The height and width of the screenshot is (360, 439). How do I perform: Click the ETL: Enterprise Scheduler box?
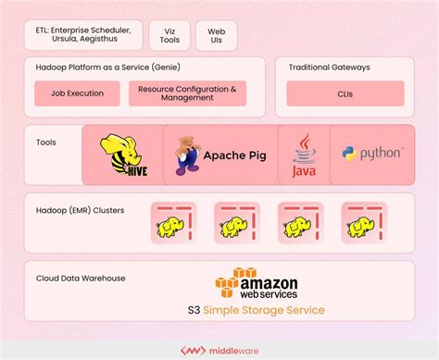point(83,35)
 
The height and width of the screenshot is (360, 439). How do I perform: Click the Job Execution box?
point(77,93)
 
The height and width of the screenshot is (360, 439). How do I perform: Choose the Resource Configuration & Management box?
point(188,93)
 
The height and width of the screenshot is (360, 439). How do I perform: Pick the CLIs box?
point(345,93)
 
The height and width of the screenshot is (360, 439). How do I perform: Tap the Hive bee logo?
point(123,155)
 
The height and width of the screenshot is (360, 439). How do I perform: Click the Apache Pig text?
point(234,155)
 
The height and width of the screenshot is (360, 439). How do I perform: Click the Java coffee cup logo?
point(304,155)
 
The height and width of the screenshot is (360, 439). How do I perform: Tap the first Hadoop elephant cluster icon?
point(169,222)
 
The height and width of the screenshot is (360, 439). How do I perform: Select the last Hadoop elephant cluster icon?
point(363,222)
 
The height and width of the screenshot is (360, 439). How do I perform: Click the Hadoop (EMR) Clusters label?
point(79,210)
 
